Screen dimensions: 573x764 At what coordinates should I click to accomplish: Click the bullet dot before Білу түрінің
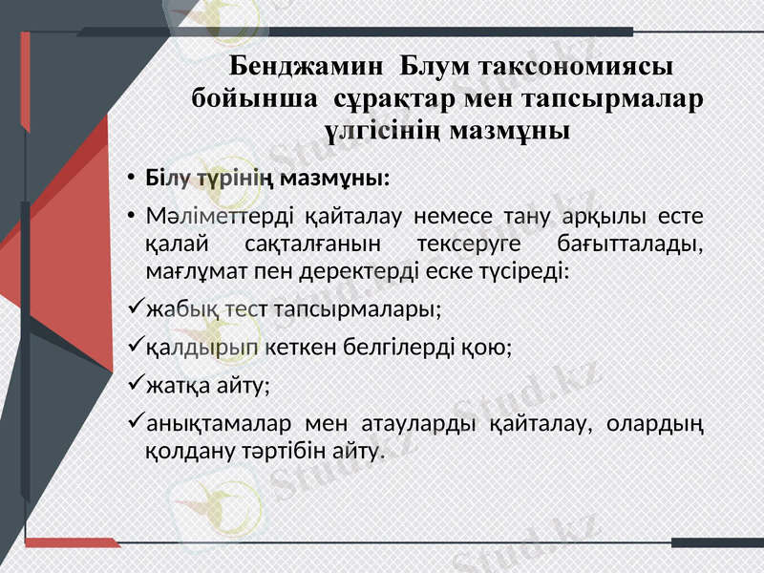tap(130, 180)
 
